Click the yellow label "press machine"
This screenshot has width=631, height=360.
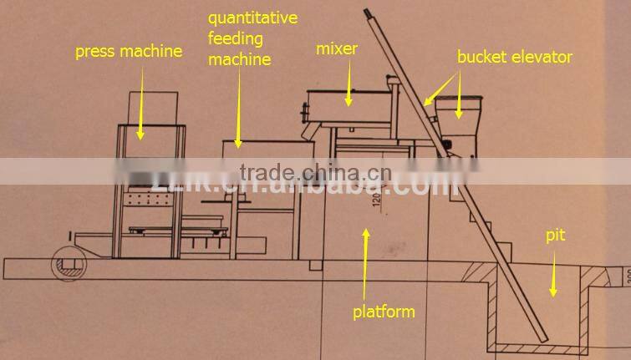pos(128,52)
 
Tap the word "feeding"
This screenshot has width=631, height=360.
pos(235,38)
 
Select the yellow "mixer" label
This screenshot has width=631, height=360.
pos(336,48)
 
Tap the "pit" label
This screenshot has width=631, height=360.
pos(556,236)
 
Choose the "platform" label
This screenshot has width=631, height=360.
pos(384,312)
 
